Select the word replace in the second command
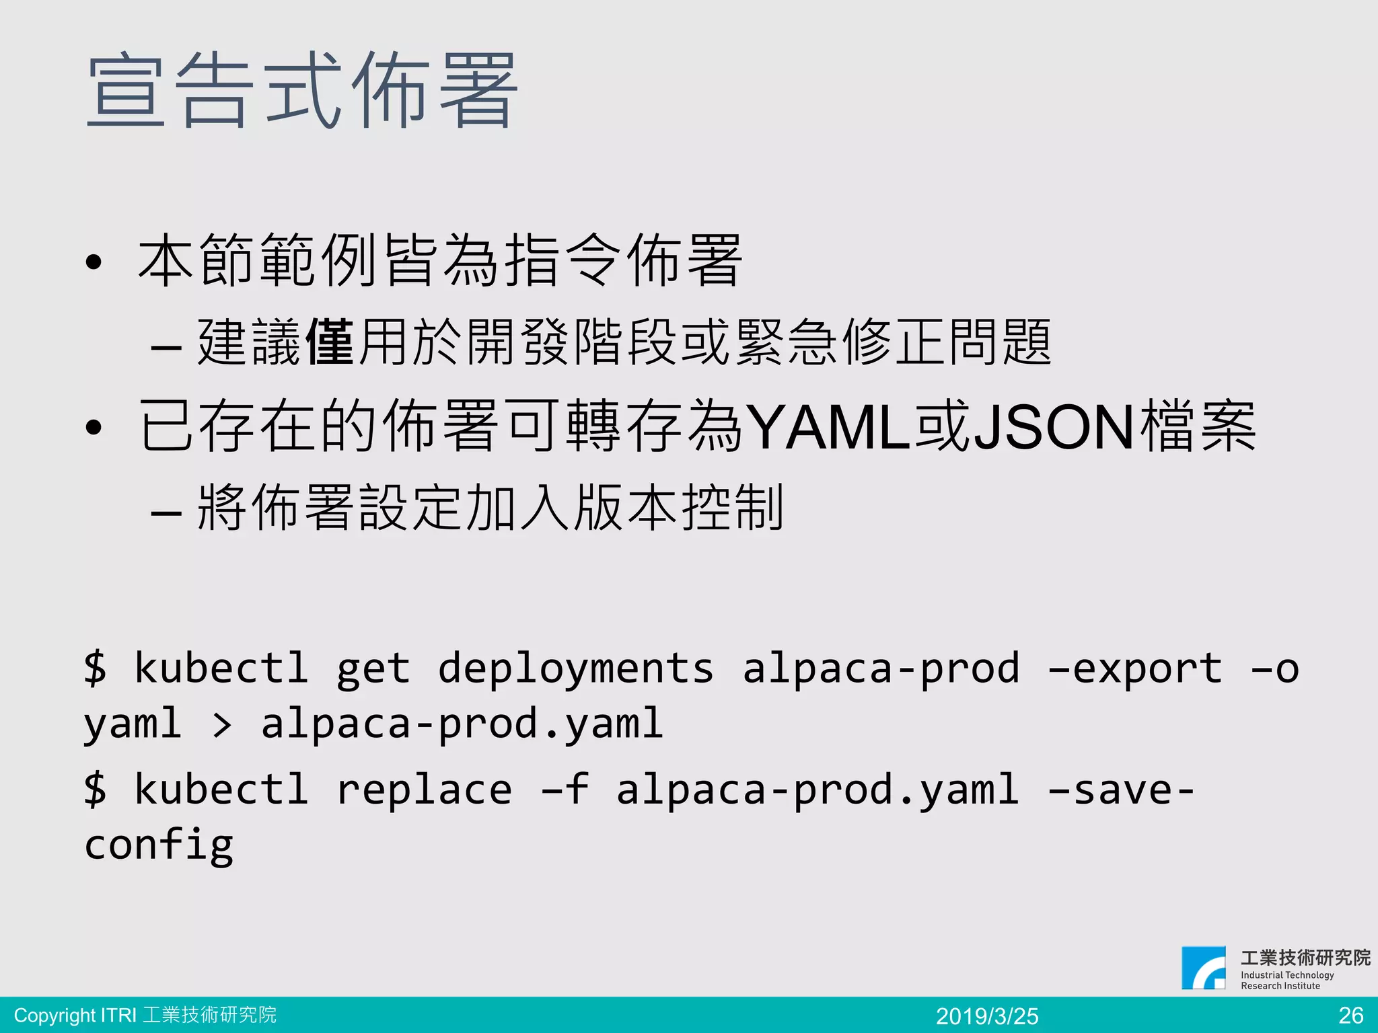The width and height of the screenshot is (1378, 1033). pos(424,790)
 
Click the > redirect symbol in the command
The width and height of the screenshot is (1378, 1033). pos(221,725)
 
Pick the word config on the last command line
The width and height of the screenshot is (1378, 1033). pos(159,845)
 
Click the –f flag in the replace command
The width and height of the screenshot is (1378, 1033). pos(565,790)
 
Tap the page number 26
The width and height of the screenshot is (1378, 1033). pos(1350,1015)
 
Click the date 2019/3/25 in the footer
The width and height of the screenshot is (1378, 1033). pos(987,1016)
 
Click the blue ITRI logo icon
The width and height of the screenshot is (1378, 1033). pos(1204,968)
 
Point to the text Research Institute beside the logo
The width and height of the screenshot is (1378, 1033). pos(1280,986)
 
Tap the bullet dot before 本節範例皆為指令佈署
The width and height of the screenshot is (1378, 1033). pos(94,262)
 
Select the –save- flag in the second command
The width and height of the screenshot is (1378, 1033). pos(1120,790)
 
